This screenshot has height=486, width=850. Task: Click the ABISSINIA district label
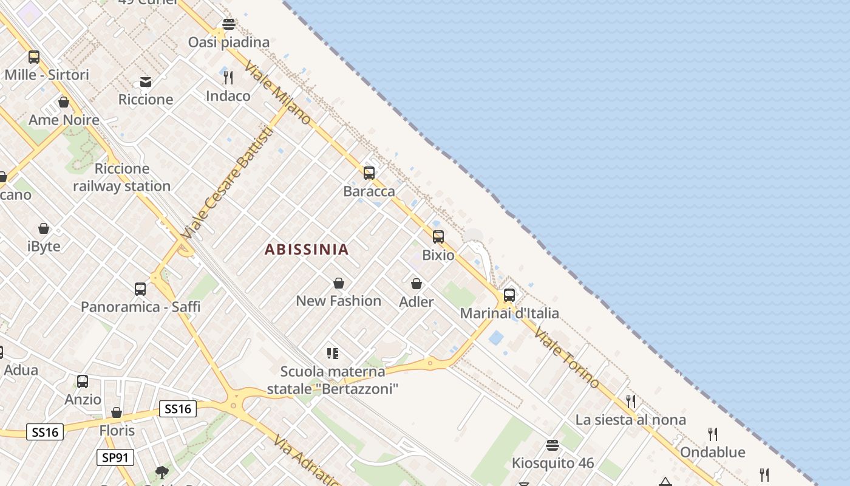(307, 249)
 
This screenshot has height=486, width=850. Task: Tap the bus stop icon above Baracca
(369, 173)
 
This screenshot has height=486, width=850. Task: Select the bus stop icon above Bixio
(438, 237)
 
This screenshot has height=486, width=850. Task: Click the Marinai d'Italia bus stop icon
(509, 295)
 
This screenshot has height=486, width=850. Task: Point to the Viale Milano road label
(278, 93)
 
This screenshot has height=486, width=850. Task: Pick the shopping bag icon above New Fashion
(339, 283)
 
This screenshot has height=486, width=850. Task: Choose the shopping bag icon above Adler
(416, 284)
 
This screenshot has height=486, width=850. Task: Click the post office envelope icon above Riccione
(146, 82)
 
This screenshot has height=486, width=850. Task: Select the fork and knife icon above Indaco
(228, 78)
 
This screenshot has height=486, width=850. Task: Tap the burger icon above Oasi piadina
(229, 24)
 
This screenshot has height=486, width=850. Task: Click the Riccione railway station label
(122, 177)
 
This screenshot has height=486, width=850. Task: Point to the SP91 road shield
(115, 457)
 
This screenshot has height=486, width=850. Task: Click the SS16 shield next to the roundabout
(178, 409)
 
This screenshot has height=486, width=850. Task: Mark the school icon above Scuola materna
(332, 353)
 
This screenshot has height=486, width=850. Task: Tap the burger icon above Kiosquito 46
(552, 445)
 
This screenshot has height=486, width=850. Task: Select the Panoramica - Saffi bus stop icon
(140, 289)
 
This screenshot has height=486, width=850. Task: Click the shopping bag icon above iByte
(44, 229)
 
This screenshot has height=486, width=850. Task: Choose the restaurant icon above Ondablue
(713, 434)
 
